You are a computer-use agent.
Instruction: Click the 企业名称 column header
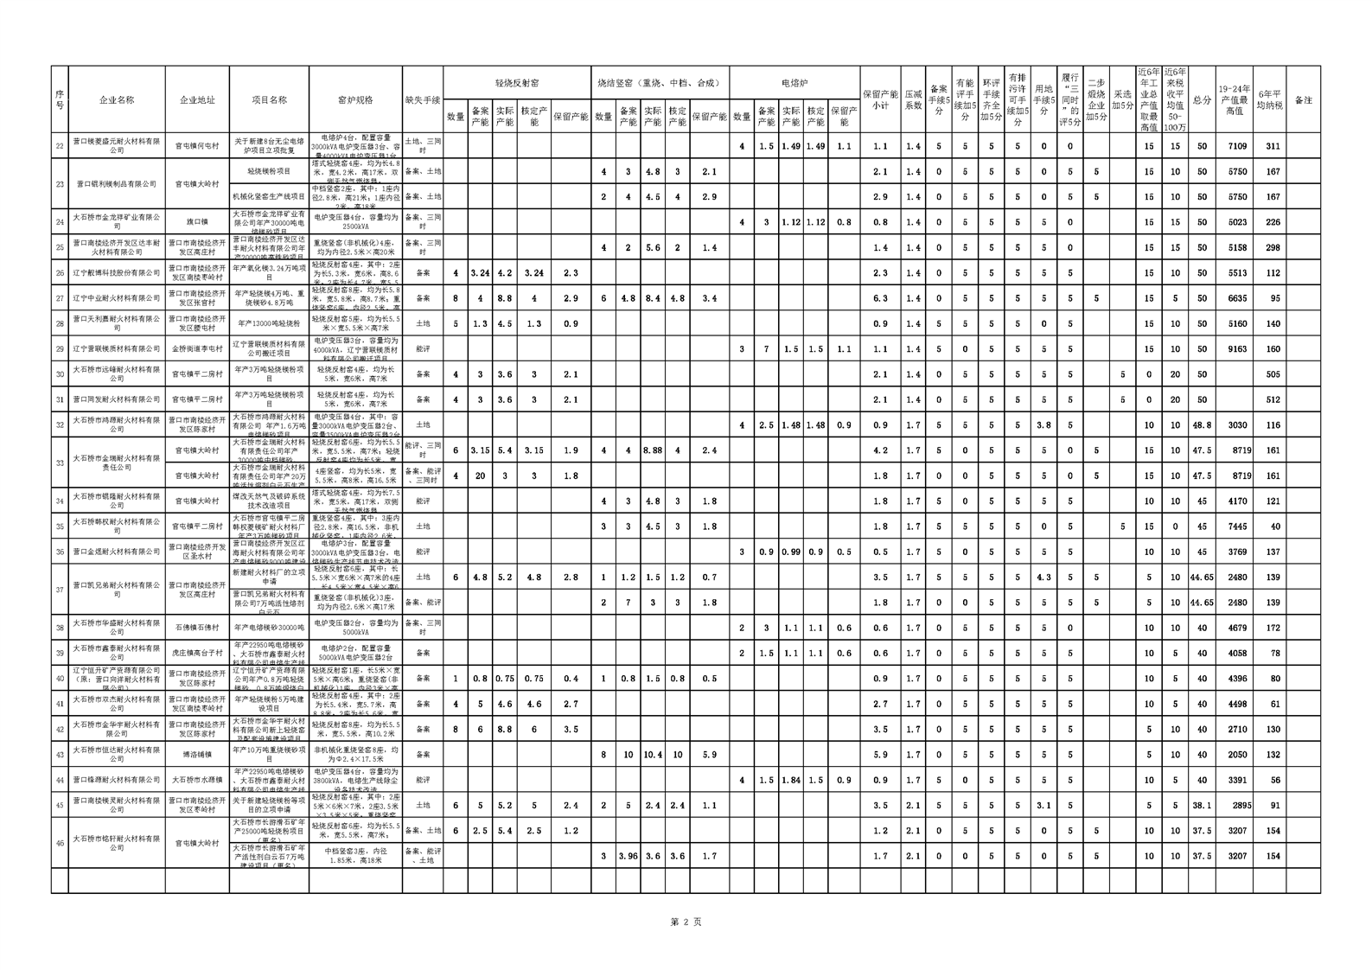pos(117,99)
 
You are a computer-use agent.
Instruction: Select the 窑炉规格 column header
pos(355,99)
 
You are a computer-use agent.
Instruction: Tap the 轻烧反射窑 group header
pos(517,83)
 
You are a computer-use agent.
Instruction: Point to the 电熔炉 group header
pos(794,83)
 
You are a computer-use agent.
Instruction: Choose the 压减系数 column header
pos(913,99)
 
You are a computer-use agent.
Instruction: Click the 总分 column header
pos(1202,99)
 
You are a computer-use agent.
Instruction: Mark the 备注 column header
pos(1303,99)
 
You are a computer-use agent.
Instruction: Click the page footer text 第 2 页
pos(686,922)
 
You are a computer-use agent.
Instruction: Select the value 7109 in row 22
pos(1237,146)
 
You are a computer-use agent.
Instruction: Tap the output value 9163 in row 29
pos(1237,349)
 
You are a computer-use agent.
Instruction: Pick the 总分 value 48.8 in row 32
pos(1202,425)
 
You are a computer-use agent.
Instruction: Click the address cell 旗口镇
pos(197,222)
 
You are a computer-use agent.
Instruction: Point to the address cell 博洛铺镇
pos(197,755)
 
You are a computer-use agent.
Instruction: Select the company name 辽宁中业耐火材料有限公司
pos(117,298)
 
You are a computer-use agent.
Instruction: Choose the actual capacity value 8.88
pos(653,450)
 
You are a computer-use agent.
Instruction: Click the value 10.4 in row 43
pos(653,755)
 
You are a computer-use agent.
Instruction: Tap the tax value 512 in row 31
pos(1272,399)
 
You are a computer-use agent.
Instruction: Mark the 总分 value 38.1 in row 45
pos(1202,805)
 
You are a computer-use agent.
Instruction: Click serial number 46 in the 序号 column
pos(60,843)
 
